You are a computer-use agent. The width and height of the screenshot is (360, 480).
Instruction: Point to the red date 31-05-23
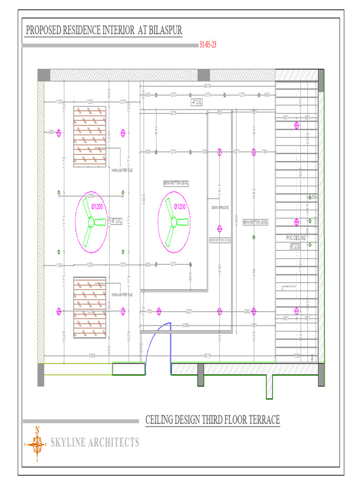[x=208, y=45]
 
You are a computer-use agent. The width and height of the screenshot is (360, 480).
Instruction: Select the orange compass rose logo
[x=37, y=443]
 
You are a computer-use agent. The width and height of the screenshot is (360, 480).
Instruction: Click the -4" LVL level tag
[x=196, y=102]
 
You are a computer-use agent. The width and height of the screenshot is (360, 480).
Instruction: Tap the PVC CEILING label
[x=296, y=238]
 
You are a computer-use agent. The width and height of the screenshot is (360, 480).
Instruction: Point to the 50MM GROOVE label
[x=220, y=207]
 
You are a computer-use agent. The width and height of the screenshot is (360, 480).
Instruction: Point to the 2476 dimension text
[x=173, y=112]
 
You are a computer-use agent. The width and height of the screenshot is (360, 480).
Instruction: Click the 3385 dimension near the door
[x=186, y=324]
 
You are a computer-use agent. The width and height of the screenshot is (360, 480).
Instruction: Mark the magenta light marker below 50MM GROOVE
[x=219, y=229]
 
